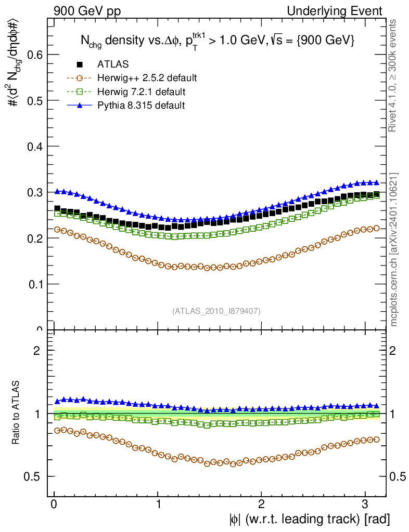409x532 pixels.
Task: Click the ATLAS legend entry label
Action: click(113, 64)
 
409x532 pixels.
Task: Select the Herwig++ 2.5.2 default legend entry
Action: click(147, 78)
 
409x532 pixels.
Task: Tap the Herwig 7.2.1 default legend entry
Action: click(141, 92)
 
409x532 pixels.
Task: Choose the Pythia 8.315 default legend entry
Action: click(140, 105)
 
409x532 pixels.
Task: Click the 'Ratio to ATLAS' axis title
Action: click(16, 413)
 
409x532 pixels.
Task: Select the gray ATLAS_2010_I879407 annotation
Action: click(216, 311)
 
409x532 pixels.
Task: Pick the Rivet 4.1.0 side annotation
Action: click(394, 76)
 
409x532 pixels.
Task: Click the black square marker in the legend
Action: click(80, 64)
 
